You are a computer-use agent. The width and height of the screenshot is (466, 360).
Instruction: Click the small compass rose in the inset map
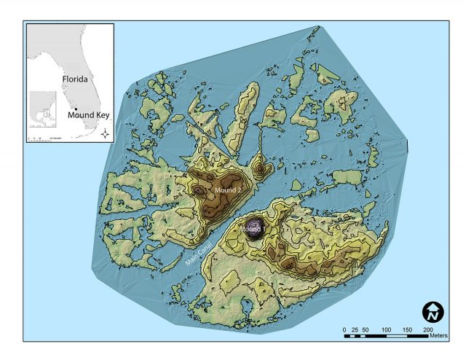coord(106,133)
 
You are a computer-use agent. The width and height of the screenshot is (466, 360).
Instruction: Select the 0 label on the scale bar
coord(344,330)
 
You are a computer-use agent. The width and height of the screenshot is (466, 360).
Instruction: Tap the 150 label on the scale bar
coord(407,330)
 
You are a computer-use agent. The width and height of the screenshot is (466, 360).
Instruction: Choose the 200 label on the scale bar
coord(427,330)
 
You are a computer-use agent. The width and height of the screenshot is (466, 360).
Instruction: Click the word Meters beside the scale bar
coord(438,336)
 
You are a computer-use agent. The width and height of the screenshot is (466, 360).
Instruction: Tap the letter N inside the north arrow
coord(433,315)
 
